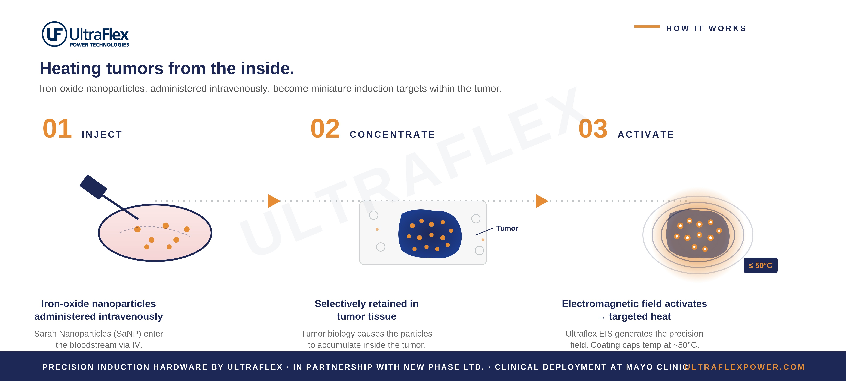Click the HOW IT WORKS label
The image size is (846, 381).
pos(706,29)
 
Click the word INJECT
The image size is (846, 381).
pos(102,134)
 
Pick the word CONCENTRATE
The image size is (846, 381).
pos(393,134)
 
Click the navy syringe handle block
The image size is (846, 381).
pos(93,187)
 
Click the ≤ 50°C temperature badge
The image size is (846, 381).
pos(760,265)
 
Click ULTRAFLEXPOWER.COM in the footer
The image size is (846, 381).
pos(745,367)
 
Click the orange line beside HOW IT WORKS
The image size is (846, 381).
pos(647,26)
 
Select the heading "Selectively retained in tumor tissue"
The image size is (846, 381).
pos(367,310)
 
